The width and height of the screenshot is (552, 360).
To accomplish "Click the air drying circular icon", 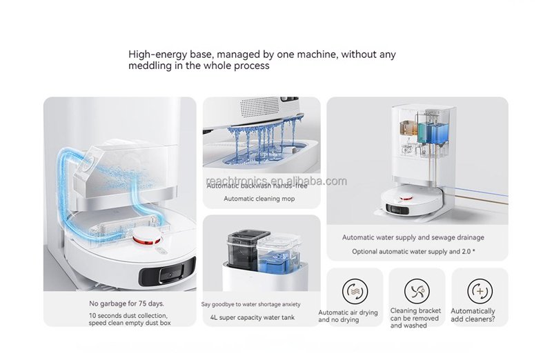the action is click(355, 291).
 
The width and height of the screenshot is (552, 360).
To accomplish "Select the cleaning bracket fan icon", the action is click(417, 291).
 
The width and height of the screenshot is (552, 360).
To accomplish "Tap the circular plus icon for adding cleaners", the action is click(480, 291).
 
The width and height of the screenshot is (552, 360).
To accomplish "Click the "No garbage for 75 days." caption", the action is click(127, 303).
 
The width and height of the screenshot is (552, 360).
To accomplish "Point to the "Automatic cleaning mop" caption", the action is click(259, 199).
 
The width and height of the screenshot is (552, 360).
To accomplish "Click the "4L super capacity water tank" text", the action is click(253, 317).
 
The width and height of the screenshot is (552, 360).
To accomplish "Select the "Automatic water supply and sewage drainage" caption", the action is click(413, 237).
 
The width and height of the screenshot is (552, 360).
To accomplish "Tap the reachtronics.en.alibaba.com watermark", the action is click(277, 181).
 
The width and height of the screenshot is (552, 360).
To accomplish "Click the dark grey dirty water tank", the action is click(248, 248).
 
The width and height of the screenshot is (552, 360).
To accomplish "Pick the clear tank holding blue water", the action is click(279, 252).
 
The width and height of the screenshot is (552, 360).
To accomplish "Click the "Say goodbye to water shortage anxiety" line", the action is click(251, 304).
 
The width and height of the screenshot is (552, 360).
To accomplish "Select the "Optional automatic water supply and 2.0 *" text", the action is click(413, 252).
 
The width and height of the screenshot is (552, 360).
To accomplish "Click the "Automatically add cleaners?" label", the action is click(473, 315).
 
